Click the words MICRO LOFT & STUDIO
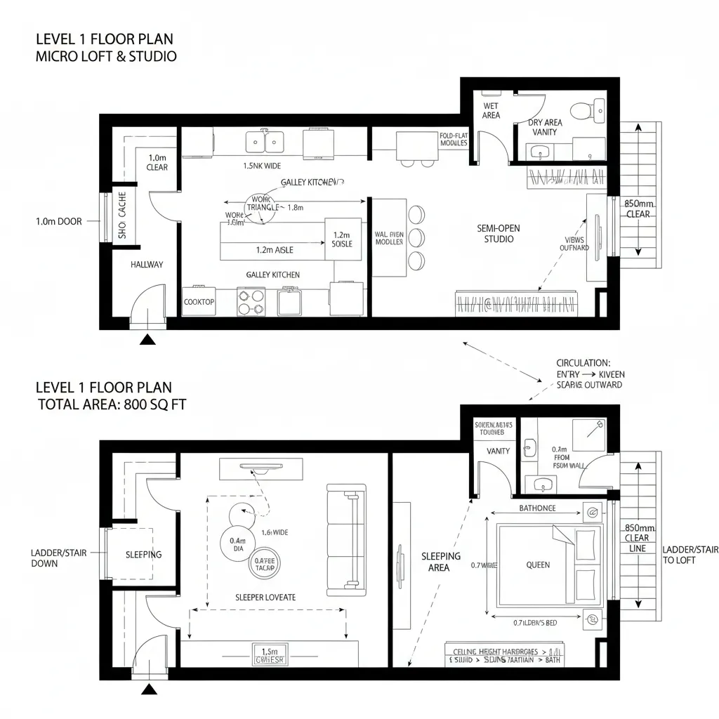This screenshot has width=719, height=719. [x=106, y=56]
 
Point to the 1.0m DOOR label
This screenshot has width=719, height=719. [x=58, y=221]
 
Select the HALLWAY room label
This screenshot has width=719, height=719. [x=147, y=265]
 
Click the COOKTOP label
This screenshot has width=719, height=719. [x=199, y=302]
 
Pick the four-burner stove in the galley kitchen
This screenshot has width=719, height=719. [x=251, y=302]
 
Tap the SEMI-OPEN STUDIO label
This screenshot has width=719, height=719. [x=499, y=234]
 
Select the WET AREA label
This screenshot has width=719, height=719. [x=491, y=111]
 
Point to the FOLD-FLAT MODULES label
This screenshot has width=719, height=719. [x=454, y=139]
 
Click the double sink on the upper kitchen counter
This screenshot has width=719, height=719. [x=264, y=142]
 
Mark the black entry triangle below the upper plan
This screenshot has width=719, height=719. [x=147, y=340]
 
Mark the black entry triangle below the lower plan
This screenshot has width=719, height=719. [x=149, y=690]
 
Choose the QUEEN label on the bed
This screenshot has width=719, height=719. [x=538, y=565]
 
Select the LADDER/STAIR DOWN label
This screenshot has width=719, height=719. [x=59, y=558]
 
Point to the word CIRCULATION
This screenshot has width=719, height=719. [x=583, y=363]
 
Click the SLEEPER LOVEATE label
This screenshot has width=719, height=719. [x=265, y=598]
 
